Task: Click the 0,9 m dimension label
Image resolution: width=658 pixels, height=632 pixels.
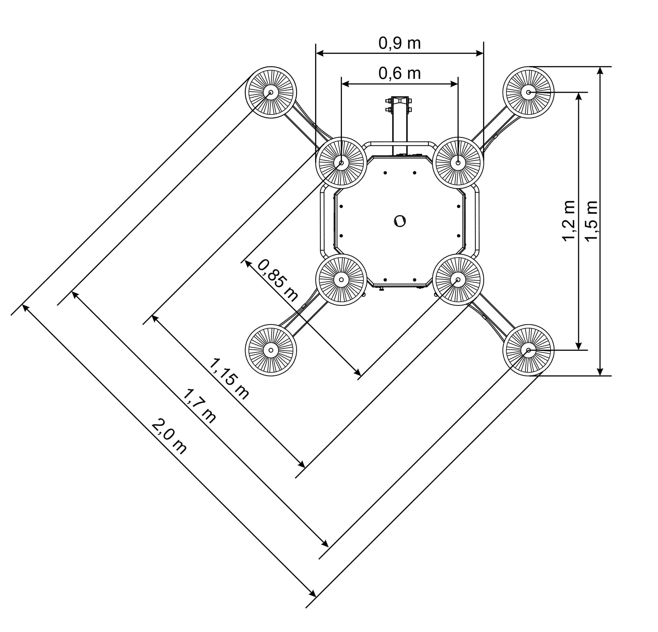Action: tap(399, 43)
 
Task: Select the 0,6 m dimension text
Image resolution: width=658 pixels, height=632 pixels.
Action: tap(399, 73)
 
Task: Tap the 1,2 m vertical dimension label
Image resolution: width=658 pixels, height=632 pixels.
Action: tap(569, 221)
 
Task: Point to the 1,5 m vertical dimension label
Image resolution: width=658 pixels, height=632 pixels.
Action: tap(591, 221)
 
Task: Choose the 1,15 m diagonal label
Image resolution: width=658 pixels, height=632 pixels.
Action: tap(229, 378)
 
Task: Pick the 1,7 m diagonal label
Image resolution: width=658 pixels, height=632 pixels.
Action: tap(199, 405)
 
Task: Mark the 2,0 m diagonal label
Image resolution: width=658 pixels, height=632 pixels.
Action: tap(169, 436)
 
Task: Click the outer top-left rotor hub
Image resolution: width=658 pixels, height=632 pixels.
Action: tap(271, 92)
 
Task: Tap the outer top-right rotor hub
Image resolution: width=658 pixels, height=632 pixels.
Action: tap(528, 92)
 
